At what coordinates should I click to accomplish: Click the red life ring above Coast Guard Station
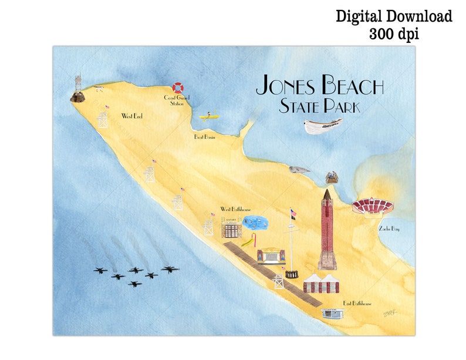(177, 88)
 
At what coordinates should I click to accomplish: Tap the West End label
(132, 116)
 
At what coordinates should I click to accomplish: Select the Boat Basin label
(204, 137)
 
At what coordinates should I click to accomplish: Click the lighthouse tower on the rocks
(78, 88)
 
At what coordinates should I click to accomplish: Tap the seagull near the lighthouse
(99, 89)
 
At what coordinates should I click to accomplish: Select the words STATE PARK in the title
(319, 107)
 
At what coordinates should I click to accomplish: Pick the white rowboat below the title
(323, 125)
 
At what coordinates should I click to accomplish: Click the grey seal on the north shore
(299, 170)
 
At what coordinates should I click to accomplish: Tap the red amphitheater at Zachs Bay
(372, 206)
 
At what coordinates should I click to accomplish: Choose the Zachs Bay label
(388, 228)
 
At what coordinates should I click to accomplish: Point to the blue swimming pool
(254, 223)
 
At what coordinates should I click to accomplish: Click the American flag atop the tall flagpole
(293, 213)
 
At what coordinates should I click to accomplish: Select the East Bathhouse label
(357, 304)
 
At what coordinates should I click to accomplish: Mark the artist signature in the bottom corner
(391, 314)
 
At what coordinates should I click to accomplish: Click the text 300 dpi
(393, 34)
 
